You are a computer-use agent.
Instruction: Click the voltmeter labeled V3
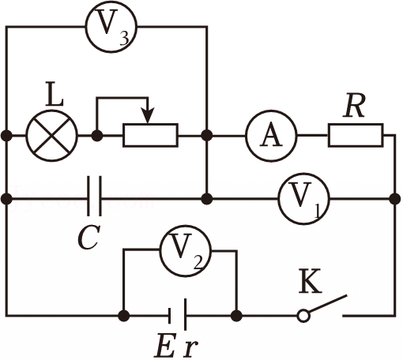111,27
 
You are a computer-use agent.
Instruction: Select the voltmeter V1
303,199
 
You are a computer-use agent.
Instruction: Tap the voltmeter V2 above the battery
186,250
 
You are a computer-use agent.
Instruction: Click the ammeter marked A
271,136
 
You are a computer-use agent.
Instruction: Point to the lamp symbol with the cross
52,136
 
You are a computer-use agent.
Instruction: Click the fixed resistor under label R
356,135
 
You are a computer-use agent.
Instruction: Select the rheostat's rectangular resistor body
150,135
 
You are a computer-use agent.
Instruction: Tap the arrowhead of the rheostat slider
148,115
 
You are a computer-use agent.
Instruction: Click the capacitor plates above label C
94,196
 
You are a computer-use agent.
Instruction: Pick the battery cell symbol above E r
178,314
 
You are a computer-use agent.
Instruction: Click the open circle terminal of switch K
303,316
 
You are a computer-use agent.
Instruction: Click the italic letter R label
354,105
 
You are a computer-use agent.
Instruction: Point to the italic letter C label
89,238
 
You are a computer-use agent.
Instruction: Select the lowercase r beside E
190,348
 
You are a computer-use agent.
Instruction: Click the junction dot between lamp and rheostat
97,136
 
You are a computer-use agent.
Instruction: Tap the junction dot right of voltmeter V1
394,199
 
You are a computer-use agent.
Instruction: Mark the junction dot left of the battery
124,315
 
